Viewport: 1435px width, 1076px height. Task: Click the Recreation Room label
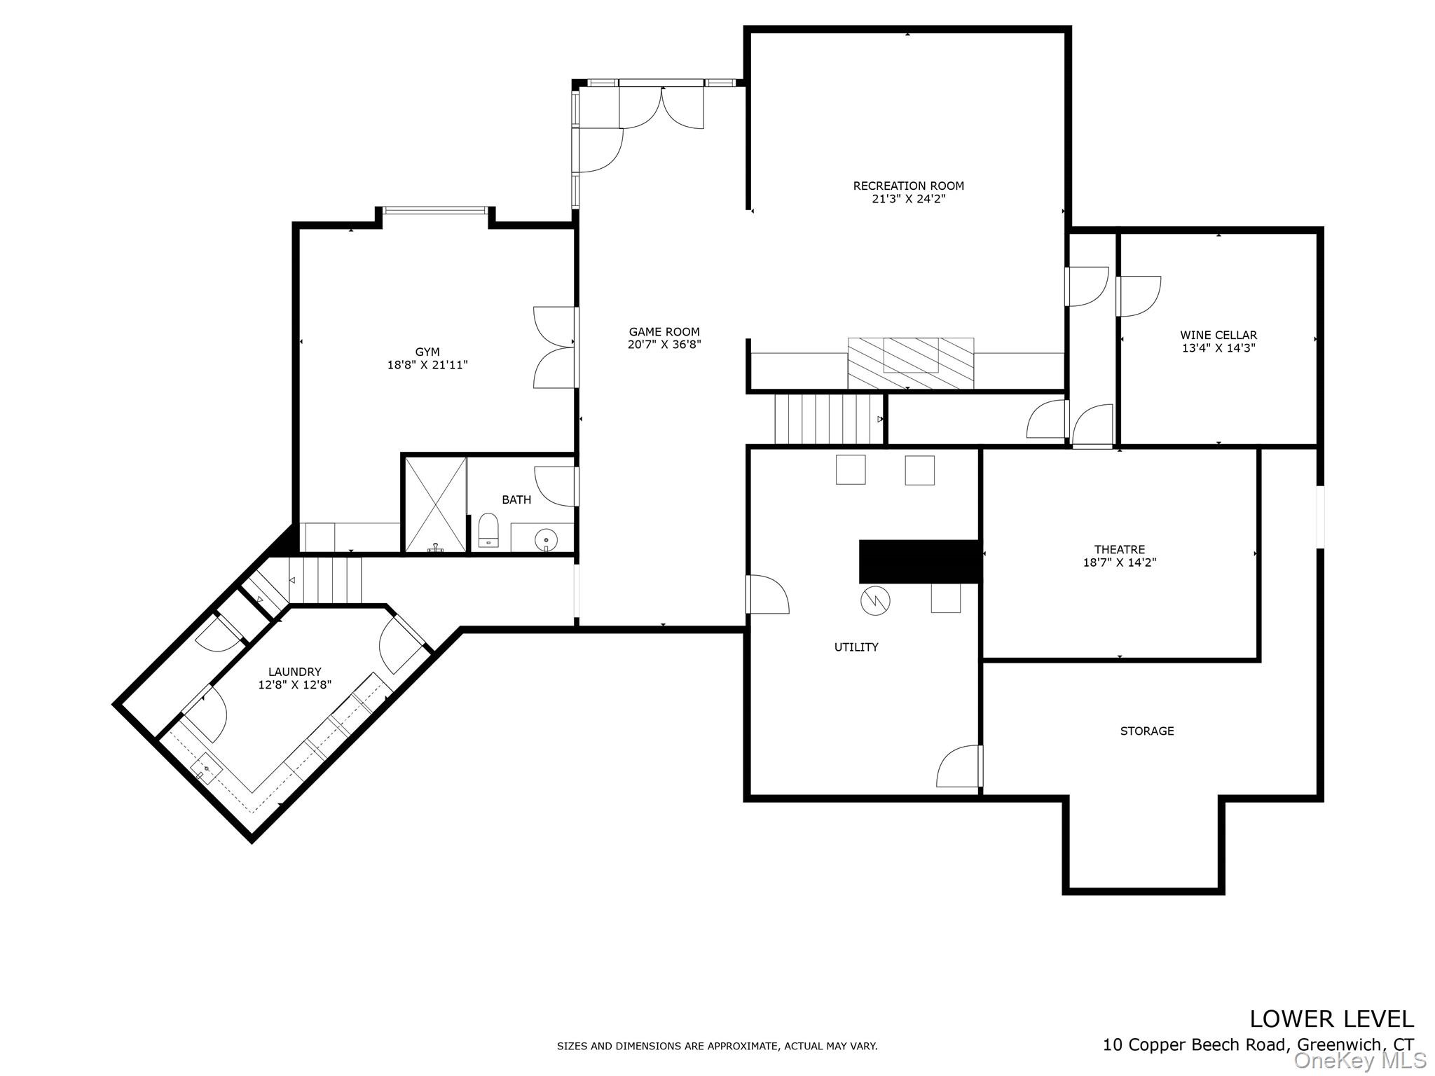pos(908,186)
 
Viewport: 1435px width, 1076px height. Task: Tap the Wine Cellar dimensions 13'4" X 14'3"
pos(1218,347)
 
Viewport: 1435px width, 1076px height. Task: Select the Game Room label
pos(664,332)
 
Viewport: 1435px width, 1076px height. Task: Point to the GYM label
pos(427,352)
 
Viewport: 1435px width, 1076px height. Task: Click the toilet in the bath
pos(488,530)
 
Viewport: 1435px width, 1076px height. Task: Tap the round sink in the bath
pos(545,539)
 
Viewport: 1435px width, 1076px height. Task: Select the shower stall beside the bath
pos(435,504)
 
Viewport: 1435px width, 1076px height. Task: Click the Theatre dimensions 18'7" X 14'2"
pos(1119,562)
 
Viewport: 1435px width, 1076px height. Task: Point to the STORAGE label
pos(1146,731)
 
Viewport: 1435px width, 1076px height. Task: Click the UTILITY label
pos(856,647)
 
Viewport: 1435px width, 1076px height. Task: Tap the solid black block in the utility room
pos(919,561)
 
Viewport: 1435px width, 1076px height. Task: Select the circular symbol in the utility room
pos(874,600)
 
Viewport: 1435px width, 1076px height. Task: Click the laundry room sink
pos(207,769)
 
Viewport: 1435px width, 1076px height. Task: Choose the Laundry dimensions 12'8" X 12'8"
pos(294,684)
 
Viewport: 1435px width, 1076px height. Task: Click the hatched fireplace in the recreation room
pos(910,363)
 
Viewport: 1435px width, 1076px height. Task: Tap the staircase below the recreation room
pos(827,419)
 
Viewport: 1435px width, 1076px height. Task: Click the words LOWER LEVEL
pos(1331,1018)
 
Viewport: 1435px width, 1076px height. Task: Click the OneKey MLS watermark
pos(1359,1060)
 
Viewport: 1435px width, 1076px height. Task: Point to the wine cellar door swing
pos(1139,296)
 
